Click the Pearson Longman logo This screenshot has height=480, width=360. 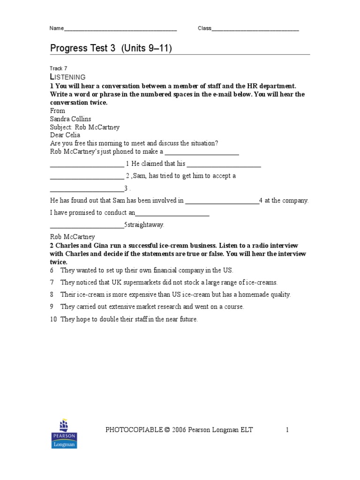(64, 434)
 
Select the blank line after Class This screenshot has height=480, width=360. (255, 29)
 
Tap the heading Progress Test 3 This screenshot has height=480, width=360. (82, 49)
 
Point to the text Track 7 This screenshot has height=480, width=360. (59, 68)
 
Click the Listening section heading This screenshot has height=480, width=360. (67, 77)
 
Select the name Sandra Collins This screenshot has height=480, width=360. (70, 119)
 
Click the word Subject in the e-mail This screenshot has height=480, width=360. (60, 127)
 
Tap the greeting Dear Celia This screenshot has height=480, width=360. (65, 135)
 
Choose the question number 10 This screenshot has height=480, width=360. (53, 319)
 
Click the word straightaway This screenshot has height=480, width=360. (146, 225)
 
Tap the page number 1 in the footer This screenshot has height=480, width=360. (288, 429)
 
